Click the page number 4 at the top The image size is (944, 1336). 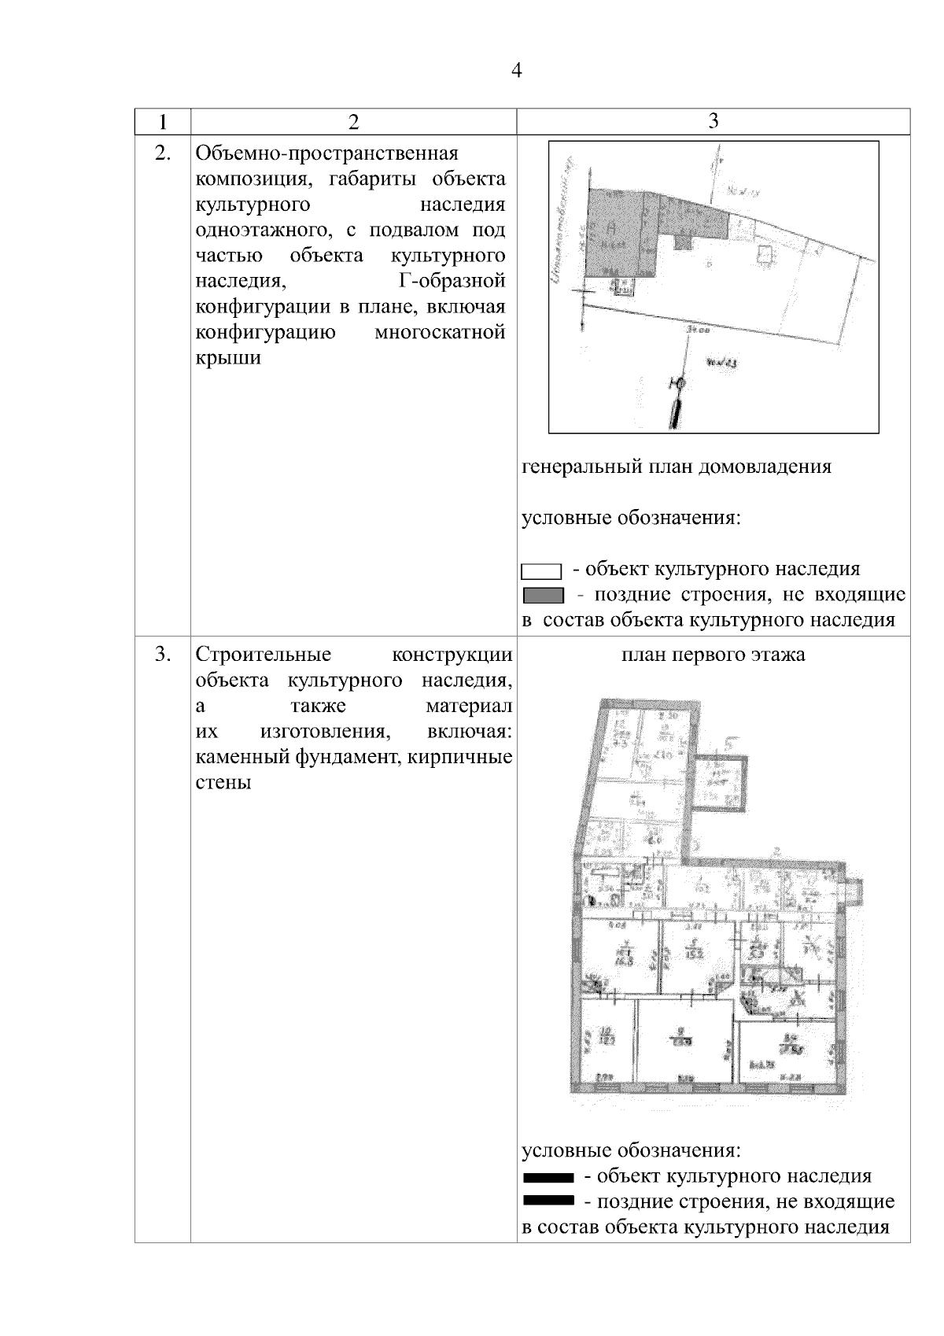516,72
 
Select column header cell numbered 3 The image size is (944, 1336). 713,120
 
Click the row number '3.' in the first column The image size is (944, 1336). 162,654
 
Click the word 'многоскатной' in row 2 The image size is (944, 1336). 440,332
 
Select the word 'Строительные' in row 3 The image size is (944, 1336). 264,655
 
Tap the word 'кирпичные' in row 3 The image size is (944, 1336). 470,757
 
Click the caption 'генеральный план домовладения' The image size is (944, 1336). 677,467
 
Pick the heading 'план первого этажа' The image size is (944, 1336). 713,655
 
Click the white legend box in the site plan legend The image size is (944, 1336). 541,570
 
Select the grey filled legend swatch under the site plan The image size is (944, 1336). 543,596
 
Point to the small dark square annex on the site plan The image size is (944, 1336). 685,242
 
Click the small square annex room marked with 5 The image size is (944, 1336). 717,781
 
